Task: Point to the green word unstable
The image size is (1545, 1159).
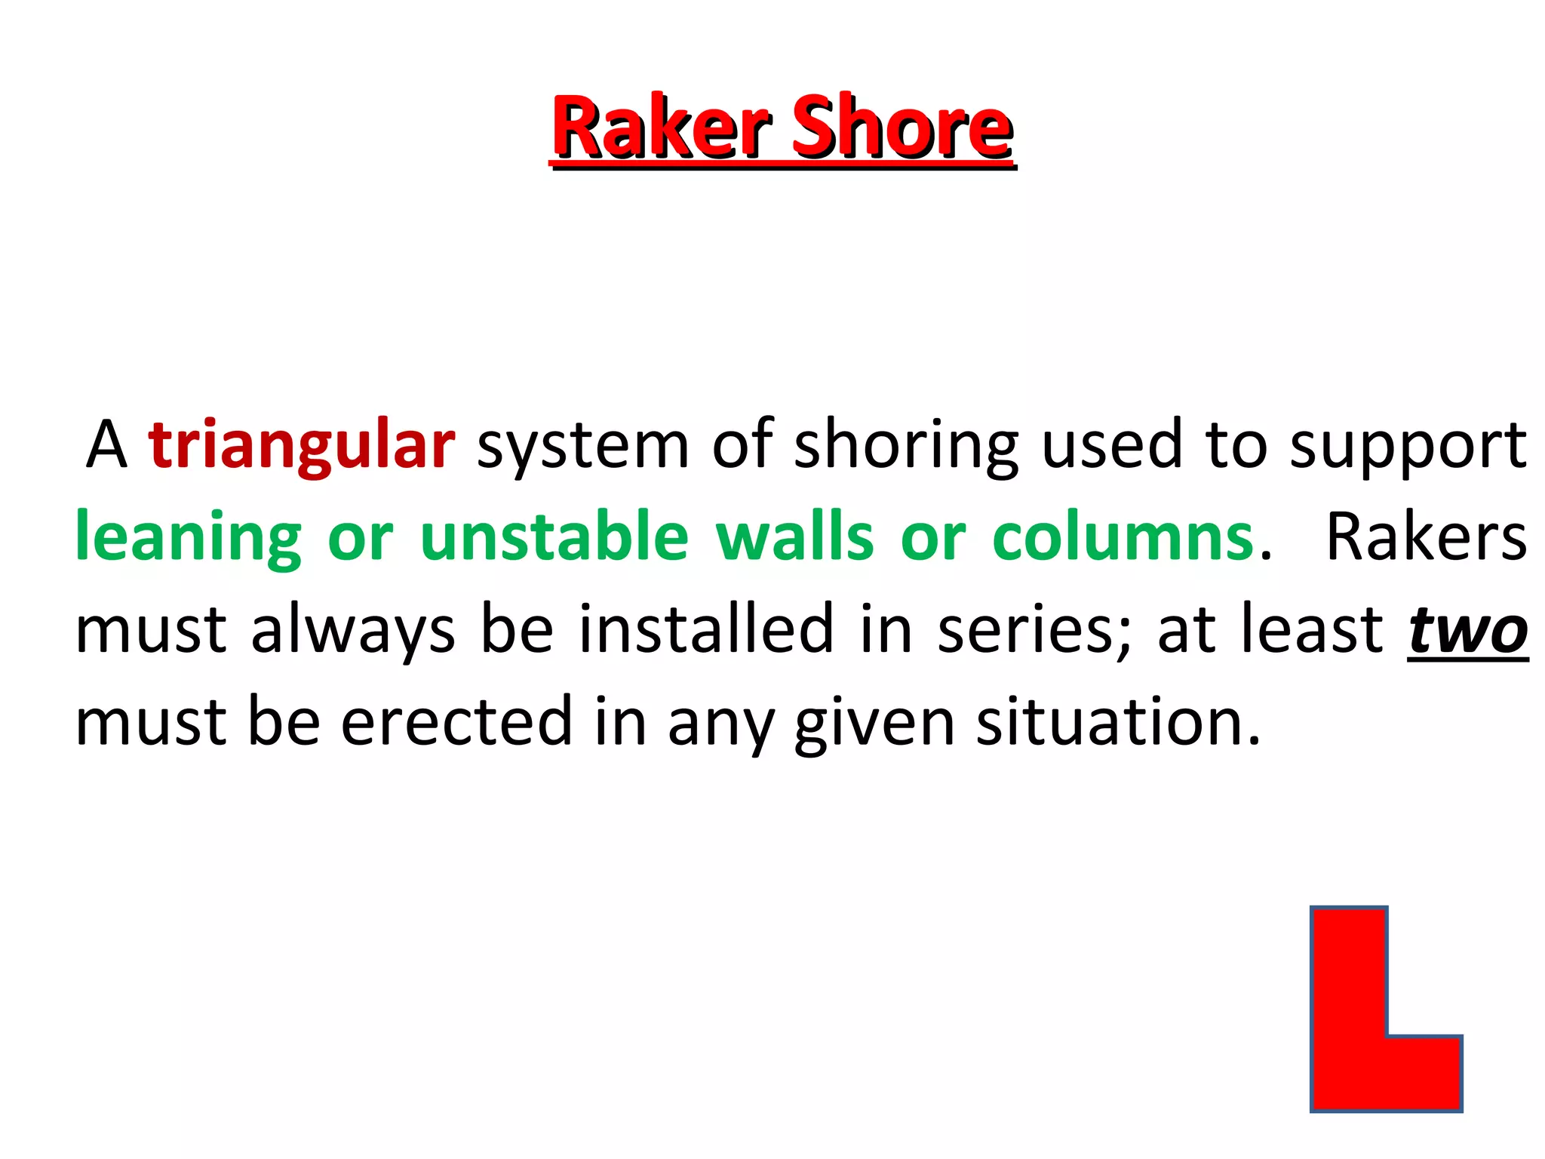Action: [x=554, y=537]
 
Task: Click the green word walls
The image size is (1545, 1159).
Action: [x=794, y=537]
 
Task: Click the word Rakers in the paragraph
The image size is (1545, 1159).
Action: [x=1426, y=537]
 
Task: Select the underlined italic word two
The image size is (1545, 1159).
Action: [x=1467, y=631]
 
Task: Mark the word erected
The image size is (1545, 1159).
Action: [x=456, y=723]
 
